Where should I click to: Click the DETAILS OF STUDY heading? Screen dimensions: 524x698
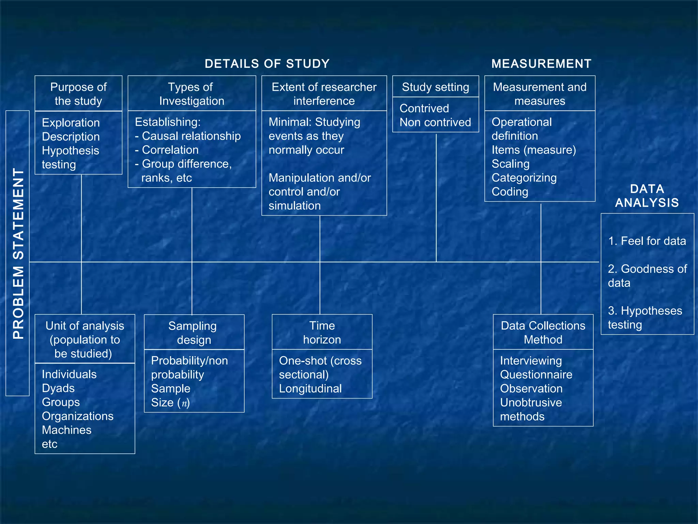tap(267, 64)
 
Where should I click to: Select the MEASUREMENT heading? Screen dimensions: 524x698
tap(541, 64)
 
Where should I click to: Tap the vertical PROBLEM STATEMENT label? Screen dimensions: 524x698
tap(18, 253)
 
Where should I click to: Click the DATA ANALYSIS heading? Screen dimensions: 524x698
tap(647, 196)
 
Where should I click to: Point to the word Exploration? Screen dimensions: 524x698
tap(71, 123)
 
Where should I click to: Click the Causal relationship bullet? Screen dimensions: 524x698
tap(191, 136)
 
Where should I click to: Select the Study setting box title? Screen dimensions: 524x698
tap(435, 87)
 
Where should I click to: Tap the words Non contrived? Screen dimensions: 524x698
tap(435, 122)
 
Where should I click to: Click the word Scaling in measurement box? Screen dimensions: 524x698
tap(510, 164)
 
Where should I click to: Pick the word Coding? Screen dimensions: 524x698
tap(510, 192)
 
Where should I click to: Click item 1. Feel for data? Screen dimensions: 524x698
tap(647, 241)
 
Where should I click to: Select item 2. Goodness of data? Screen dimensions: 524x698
tap(647, 276)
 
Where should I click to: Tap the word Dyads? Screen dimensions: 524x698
tap(58, 388)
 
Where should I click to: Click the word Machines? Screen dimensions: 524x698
tap(66, 430)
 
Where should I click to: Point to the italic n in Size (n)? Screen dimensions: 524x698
tap(184, 404)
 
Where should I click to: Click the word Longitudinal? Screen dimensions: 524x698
tap(310, 389)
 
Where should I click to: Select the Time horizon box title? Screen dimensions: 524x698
tap(322, 333)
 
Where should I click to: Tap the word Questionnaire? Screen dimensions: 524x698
tap(536, 375)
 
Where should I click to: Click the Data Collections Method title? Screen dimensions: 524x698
tap(543, 333)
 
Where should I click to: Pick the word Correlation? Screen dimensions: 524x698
tap(170, 150)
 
